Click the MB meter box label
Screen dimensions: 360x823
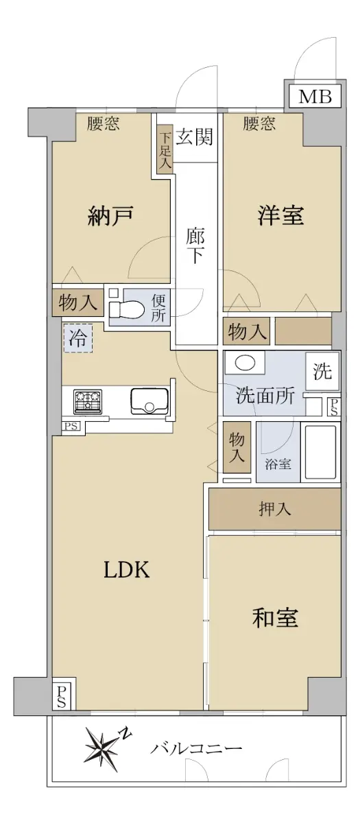pos(315,97)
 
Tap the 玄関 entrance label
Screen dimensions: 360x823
pos(194,137)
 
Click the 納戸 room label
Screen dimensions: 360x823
pos(110,216)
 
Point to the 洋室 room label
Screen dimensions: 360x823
pos(280,215)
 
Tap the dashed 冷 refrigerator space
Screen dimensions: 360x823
pos(78,337)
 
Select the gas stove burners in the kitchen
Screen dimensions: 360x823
pos(88,402)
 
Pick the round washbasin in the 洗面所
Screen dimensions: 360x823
pos(245,363)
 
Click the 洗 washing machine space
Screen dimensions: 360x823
pos(322,371)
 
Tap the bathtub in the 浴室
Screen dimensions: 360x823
pos(321,452)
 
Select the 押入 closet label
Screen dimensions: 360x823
pos(275,509)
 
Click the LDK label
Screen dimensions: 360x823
pos(127,570)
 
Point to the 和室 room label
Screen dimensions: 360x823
pos(275,618)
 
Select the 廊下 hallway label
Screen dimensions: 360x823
pos(195,246)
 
